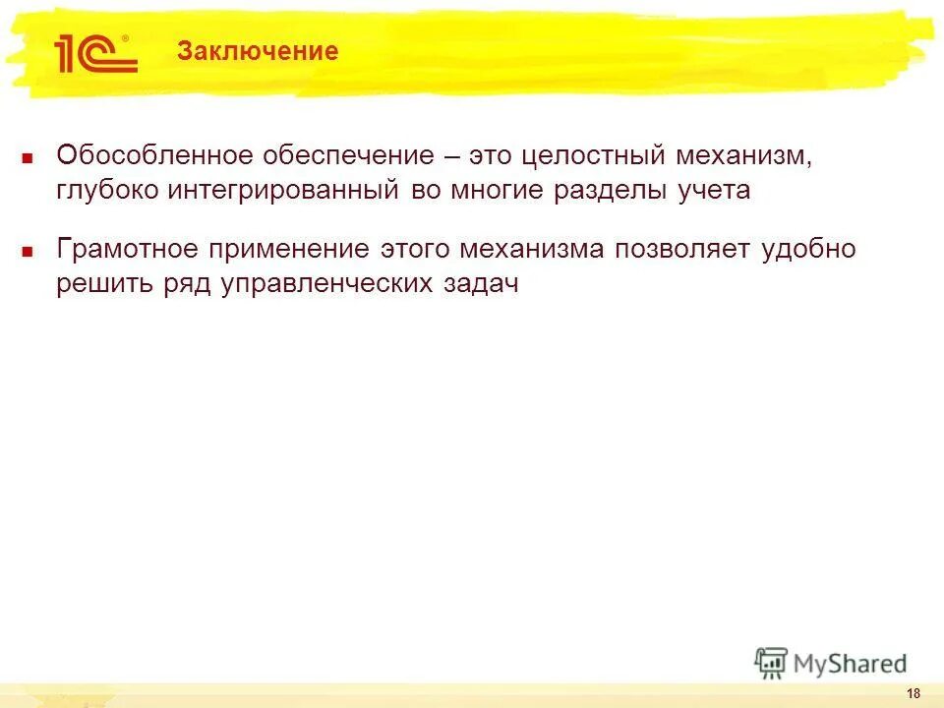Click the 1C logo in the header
pos(95,53)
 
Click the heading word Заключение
pos(258,51)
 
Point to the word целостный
pos(581,155)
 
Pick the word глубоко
pos(106,191)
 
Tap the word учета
pos(712,191)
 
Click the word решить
pos(104,284)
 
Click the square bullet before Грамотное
pos(29,251)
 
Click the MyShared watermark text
pos(849,664)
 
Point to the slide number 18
pos(914,694)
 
